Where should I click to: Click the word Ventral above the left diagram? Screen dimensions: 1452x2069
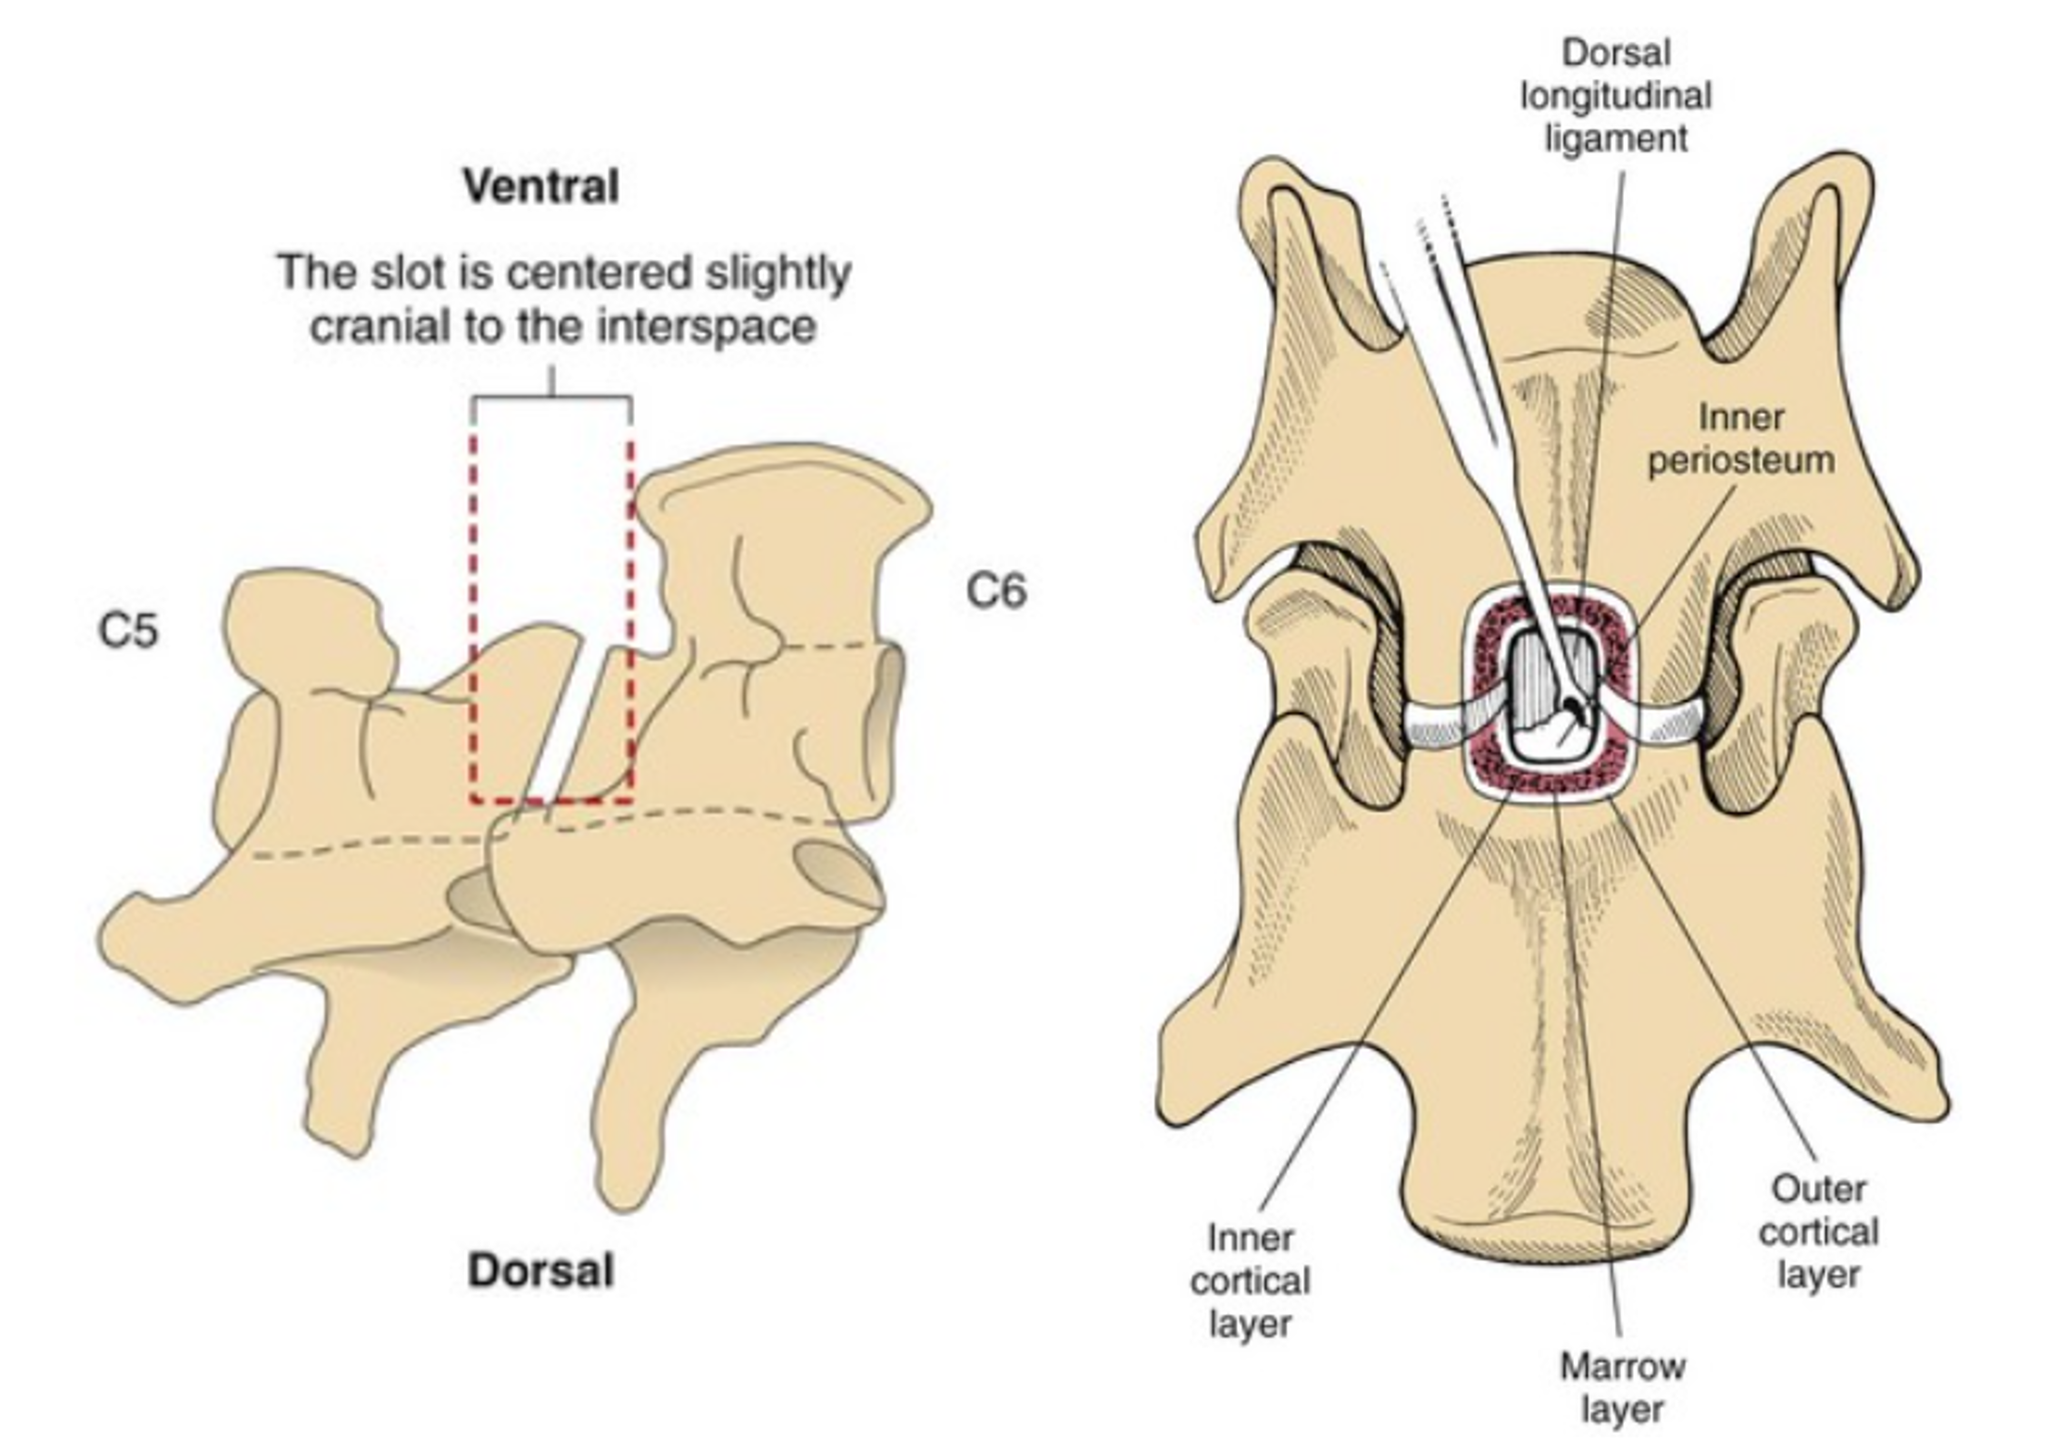click(541, 186)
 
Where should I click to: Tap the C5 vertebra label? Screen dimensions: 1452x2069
click(128, 629)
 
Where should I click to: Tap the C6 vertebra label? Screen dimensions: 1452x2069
click(996, 591)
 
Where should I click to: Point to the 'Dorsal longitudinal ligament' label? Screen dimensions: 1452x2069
click(1616, 95)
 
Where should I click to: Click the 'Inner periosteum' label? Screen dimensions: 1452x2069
click(1741, 439)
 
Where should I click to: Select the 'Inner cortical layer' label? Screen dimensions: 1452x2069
click(1250, 1280)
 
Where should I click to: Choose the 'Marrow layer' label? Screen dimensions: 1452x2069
click(1622, 1388)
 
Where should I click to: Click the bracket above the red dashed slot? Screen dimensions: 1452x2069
click(552, 398)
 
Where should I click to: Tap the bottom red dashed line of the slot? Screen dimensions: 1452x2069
click(552, 802)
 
